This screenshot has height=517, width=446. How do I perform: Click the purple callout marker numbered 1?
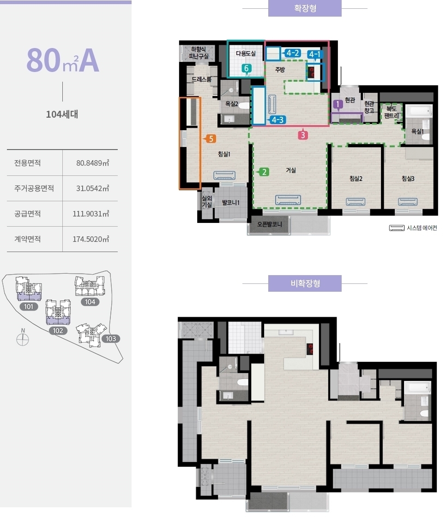tap(338, 105)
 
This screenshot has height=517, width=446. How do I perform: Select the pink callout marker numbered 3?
tap(303, 134)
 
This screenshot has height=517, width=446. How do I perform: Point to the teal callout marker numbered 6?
tap(247, 69)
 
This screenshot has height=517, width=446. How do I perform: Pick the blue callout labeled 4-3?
tap(276, 120)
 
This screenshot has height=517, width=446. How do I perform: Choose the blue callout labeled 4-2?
tap(290, 53)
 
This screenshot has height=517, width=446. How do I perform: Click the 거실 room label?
tap(290, 170)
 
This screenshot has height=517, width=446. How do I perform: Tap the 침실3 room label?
tap(408, 178)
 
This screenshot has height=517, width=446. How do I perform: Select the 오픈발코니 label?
tap(270, 224)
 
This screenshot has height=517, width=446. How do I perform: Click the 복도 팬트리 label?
tap(391, 112)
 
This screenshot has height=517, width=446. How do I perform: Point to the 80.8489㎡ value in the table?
tap(93, 163)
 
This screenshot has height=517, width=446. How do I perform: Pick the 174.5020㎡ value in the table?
tap(90, 239)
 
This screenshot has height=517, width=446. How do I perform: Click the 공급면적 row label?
tap(27, 214)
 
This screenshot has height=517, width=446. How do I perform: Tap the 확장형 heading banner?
tap(305, 8)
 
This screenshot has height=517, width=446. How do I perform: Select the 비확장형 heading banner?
tap(305, 283)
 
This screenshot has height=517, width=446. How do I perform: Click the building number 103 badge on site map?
tap(111, 339)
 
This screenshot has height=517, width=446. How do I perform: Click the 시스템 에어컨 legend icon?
tap(397, 228)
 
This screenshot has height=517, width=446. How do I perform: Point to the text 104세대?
tap(62, 114)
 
